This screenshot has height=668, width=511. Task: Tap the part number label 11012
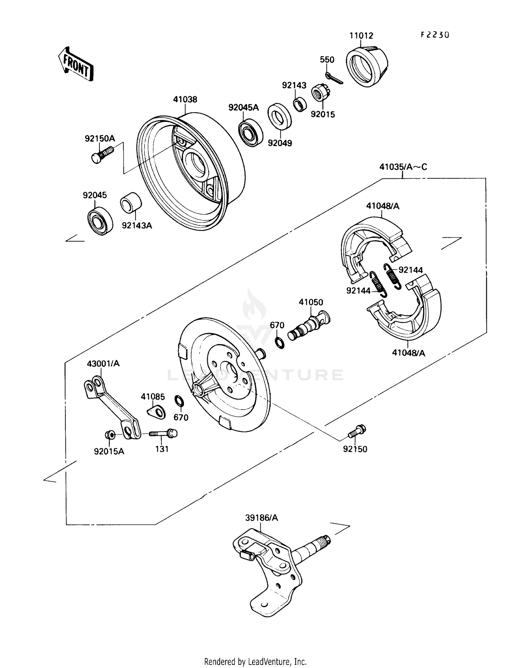pyautogui.click(x=361, y=36)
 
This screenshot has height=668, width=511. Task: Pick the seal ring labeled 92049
pyautogui.click(x=280, y=117)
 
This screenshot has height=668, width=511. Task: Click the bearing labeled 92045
pyautogui.click(x=100, y=221)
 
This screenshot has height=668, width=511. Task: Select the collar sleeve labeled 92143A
pyautogui.click(x=131, y=203)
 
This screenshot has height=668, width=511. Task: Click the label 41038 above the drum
pyautogui.click(x=185, y=99)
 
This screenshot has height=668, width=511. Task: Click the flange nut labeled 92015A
pyautogui.click(x=110, y=435)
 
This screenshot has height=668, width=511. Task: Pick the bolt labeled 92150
pyautogui.click(x=356, y=431)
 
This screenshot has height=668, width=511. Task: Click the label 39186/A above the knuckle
pyautogui.click(x=261, y=518)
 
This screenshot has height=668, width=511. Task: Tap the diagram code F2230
pyautogui.click(x=435, y=35)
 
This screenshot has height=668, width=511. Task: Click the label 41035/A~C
pyautogui.click(x=403, y=167)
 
